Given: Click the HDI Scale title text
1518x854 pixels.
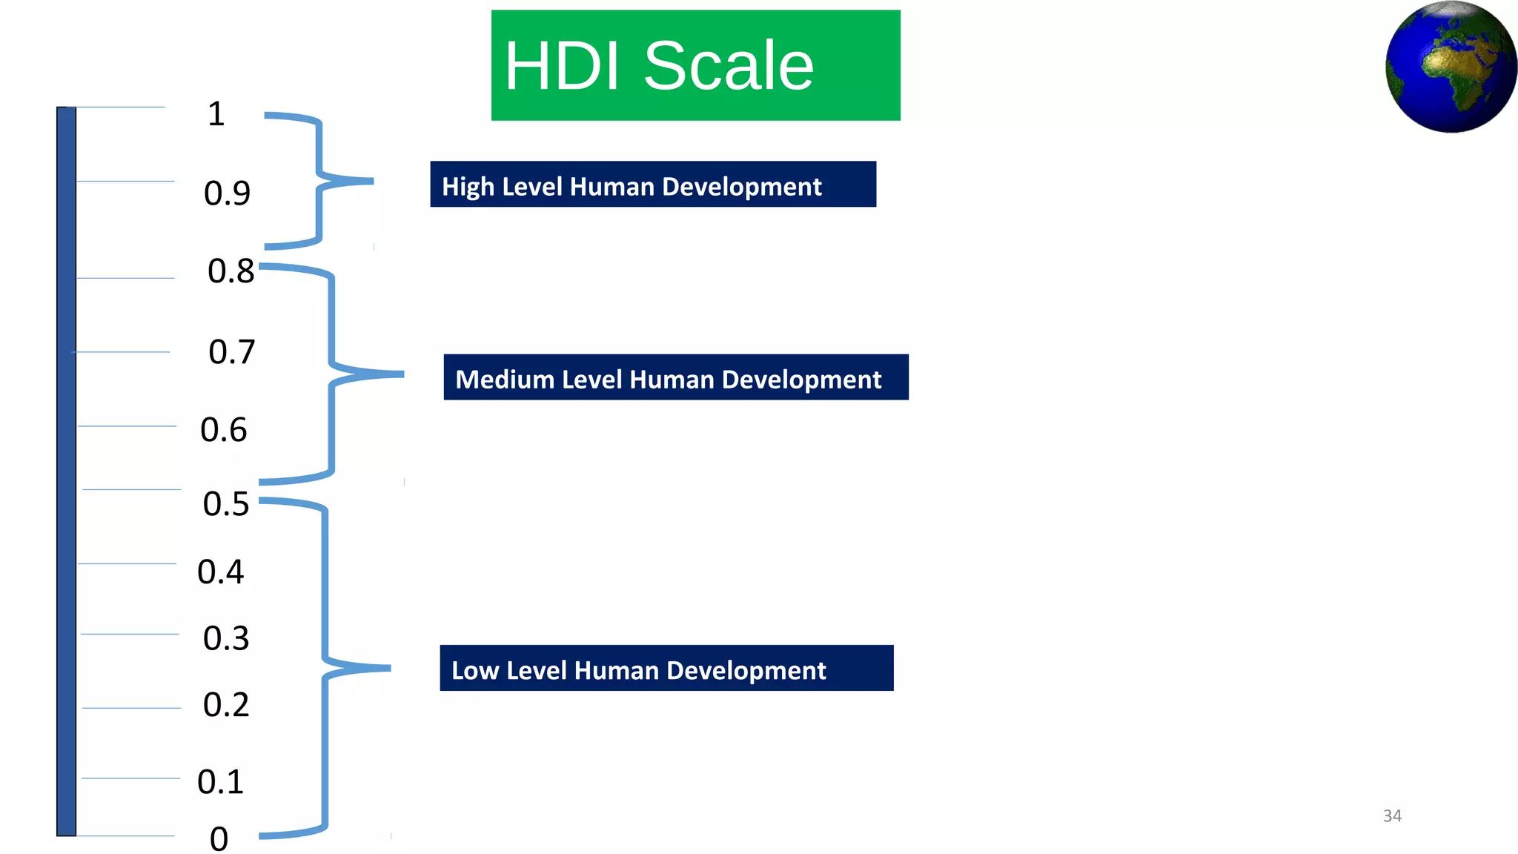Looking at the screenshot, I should click(659, 66).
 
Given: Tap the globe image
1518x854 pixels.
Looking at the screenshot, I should click(1451, 67).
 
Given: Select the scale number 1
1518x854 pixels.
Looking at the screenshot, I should click(216, 114).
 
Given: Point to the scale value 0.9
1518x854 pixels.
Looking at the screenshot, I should click(227, 193).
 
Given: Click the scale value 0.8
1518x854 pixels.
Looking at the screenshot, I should click(231, 271).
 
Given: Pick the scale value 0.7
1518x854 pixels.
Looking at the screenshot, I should click(231, 352).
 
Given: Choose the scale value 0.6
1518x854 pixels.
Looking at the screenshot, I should click(223, 430).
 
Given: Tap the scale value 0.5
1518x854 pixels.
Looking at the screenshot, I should click(226, 504).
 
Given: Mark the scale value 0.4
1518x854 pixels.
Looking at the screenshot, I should click(220, 572).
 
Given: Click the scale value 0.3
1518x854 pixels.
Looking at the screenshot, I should click(226, 638).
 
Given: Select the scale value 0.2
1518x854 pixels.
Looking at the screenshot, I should click(226, 705).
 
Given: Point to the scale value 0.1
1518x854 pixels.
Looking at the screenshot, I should click(220, 782).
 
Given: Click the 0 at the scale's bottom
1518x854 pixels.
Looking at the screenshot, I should click(219, 839).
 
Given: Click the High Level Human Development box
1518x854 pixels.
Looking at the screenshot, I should click(652, 185).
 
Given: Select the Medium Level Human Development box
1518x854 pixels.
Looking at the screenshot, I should click(675, 377).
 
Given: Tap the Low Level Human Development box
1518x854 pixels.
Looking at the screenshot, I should click(666, 669).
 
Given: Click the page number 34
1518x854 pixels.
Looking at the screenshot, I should click(1392, 816).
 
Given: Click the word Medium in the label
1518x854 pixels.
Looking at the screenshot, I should click(505, 380).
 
